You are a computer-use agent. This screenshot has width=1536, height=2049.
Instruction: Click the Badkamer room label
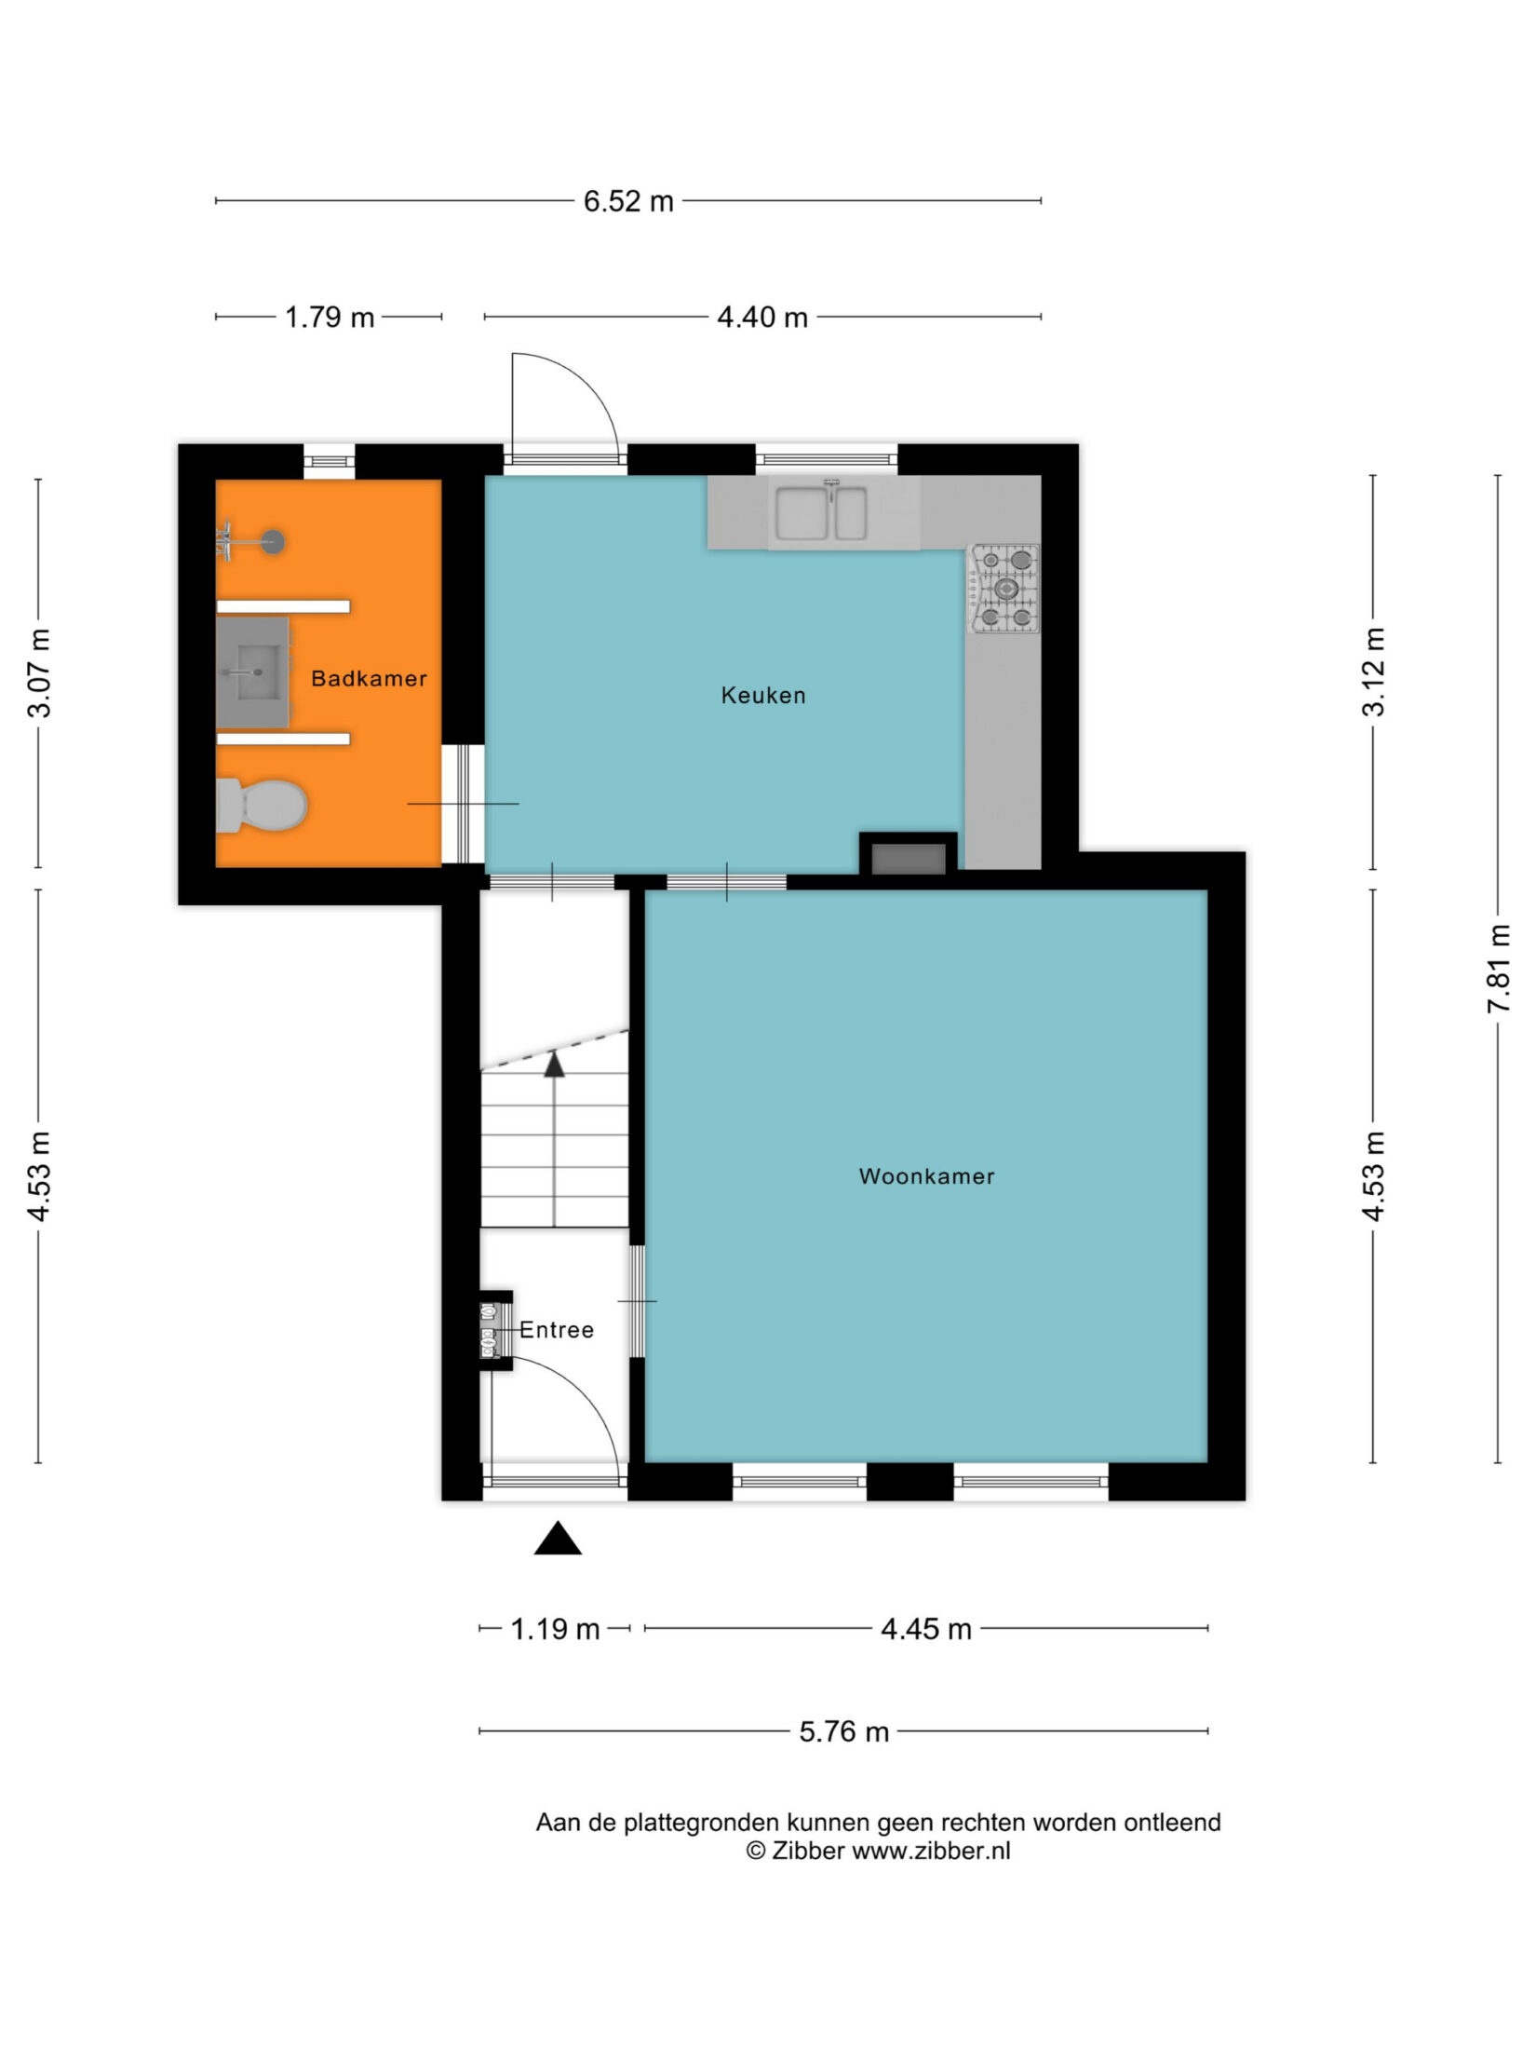369,679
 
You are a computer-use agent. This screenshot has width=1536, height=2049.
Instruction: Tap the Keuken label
763,696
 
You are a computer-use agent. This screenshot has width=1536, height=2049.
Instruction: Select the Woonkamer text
926,1176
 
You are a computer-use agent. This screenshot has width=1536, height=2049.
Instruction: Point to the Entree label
557,1330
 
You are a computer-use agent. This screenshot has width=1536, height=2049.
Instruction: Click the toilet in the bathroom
262,806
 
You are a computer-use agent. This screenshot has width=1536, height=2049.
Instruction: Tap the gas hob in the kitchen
1004,589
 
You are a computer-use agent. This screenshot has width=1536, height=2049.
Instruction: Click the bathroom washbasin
252,672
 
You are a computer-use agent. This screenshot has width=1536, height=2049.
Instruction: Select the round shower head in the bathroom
273,542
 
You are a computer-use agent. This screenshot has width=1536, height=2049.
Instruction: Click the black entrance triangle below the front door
558,1540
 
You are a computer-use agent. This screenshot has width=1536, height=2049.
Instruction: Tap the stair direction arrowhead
555,1064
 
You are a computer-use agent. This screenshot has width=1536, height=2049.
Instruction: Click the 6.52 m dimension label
628,201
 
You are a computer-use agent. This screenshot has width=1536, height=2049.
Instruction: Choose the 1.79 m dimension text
330,318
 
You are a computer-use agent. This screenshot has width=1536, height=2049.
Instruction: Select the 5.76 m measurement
844,1732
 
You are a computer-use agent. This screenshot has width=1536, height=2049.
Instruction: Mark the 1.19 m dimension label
555,1629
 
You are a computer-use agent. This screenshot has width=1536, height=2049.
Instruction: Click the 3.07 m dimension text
39,672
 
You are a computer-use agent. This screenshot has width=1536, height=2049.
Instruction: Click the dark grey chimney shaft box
909,859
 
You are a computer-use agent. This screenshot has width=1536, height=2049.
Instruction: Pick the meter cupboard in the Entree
495,1330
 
